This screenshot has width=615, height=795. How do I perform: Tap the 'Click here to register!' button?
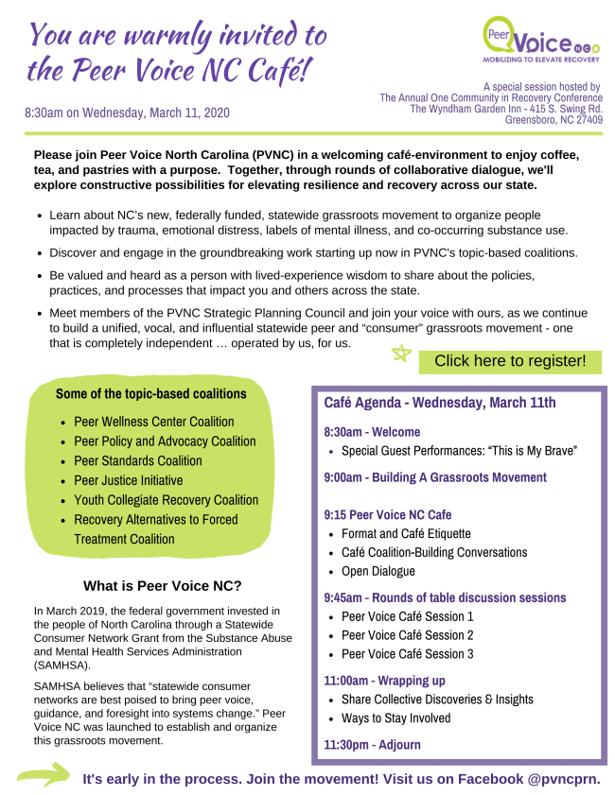click(x=510, y=361)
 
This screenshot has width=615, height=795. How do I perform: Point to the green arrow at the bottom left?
click(x=44, y=777)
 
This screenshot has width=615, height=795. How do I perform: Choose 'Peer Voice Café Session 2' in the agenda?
click(x=407, y=635)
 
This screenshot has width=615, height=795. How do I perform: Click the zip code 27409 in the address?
click(x=584, y=120)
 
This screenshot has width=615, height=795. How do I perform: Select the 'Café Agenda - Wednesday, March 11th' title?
click(x=440, y=403)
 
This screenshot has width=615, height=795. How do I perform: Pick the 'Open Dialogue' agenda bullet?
click(x=378, y=571)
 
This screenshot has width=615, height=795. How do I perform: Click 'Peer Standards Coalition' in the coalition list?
click(x=138, y=461)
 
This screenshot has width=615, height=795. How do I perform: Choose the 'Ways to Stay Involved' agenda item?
click(x=395, y=718)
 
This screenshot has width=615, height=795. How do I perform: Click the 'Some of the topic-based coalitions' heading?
click(x=151, y=393)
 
